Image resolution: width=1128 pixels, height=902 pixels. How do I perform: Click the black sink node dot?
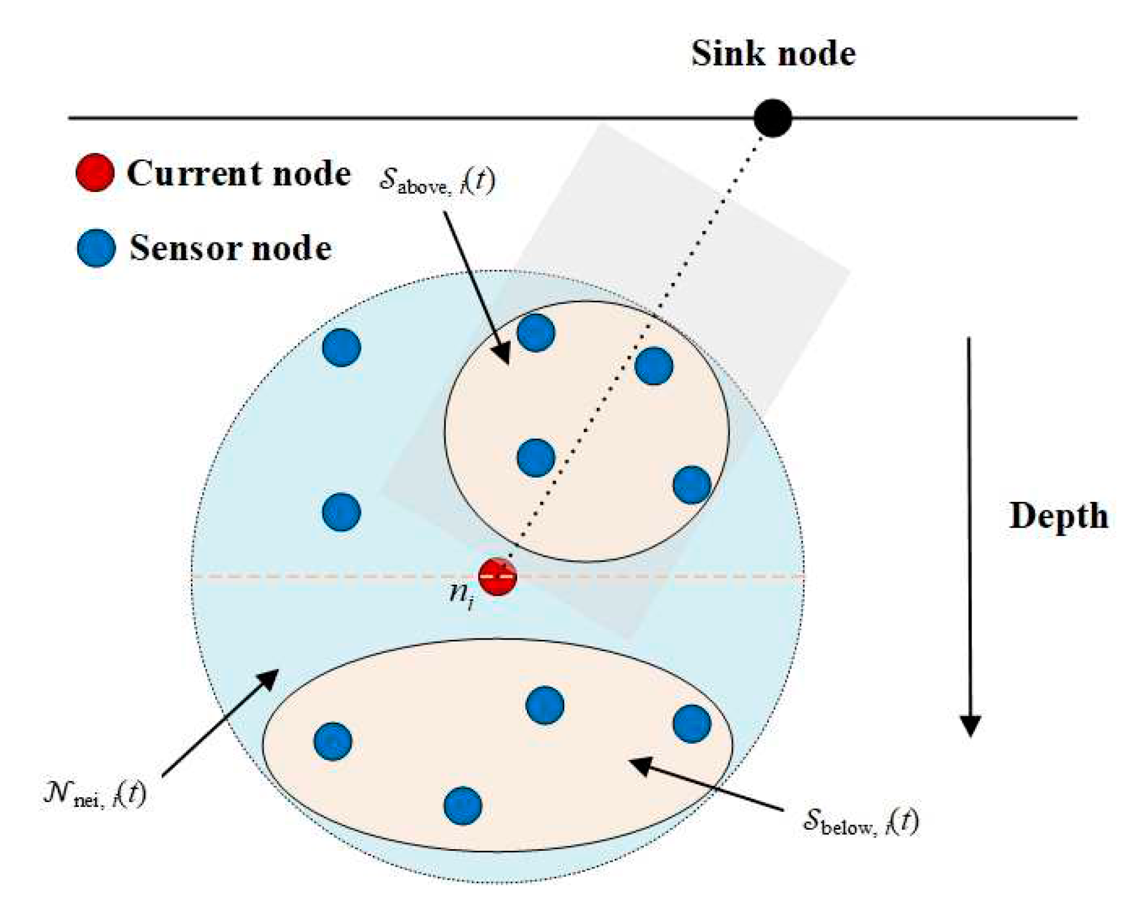[773, 118]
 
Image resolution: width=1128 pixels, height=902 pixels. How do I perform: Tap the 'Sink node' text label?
[773, 54]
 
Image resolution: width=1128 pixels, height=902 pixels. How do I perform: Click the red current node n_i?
[497, 576]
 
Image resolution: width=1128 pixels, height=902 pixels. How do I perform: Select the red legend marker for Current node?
[95, 173]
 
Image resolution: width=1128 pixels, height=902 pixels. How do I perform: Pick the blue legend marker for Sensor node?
[96, 248]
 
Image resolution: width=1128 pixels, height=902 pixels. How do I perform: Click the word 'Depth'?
[1058, 516]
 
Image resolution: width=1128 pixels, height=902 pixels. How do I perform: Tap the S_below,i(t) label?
[861, 821]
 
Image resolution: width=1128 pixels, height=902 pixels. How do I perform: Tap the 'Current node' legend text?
[239, 173]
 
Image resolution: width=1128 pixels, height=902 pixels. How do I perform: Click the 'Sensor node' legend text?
[231, 248]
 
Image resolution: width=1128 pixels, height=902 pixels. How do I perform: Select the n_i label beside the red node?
[462, 596]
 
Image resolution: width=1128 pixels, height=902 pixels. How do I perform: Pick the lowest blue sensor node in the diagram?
[463, 806]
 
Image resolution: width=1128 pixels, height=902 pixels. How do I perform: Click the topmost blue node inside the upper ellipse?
[536, 333]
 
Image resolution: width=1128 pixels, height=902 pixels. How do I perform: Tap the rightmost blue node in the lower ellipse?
[692, 723]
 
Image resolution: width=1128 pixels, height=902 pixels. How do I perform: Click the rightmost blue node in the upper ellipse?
[692, 485]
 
